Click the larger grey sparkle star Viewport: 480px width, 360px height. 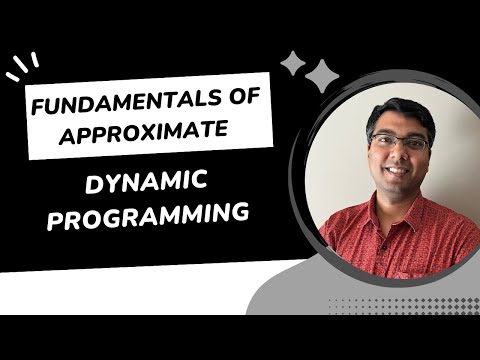coord(322,76)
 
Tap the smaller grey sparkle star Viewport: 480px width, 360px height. coord(292,64)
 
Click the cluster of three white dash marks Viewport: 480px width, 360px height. coord(22,68)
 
